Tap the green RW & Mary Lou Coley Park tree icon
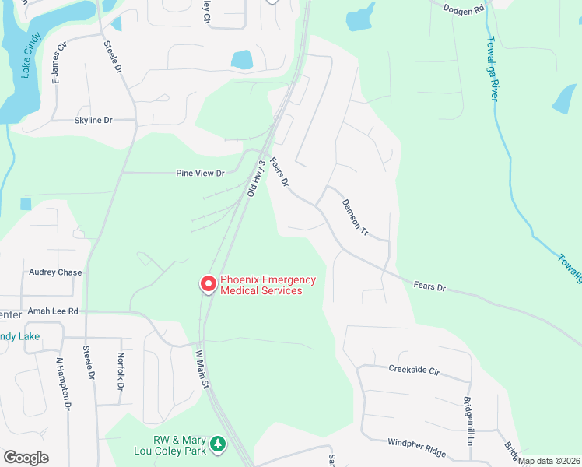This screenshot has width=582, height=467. click(219, 444)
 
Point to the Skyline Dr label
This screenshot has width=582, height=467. click(93, 121)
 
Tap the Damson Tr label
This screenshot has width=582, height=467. click(353, 219)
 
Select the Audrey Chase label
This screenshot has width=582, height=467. click(55, 272)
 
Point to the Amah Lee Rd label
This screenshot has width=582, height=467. click(53, 311)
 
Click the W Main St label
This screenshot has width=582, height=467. click(202, 370)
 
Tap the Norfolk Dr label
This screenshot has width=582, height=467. click(121, 372)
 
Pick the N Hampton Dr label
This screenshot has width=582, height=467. click(64, 384)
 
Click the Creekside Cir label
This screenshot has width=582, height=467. click(414, 370)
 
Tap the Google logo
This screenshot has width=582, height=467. click(26, 458)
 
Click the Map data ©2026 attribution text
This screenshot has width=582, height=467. click(549, 461)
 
